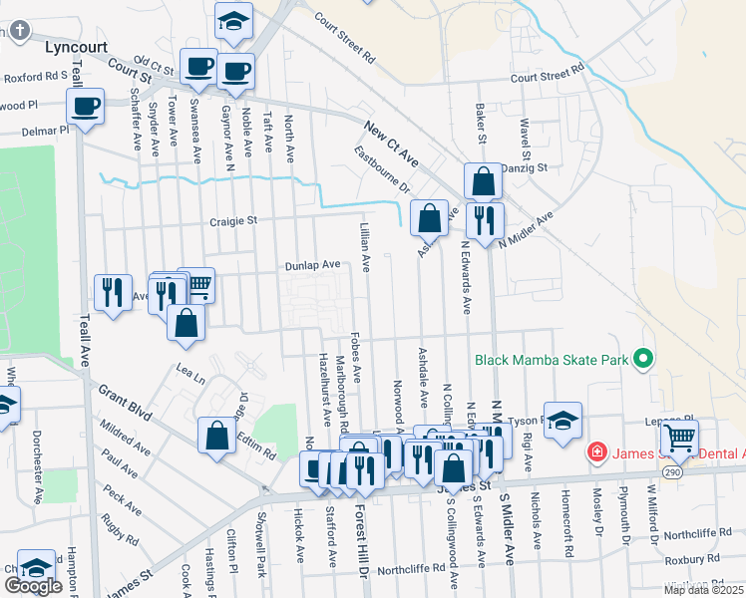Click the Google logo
point(33,586)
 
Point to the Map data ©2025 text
point(704,590)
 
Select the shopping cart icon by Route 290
point(679,437)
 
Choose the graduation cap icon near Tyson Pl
point(562,419)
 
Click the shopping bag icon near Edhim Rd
point(217,435)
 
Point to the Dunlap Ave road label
point(313,264)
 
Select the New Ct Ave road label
point(390,144)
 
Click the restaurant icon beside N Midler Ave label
point(485,219)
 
